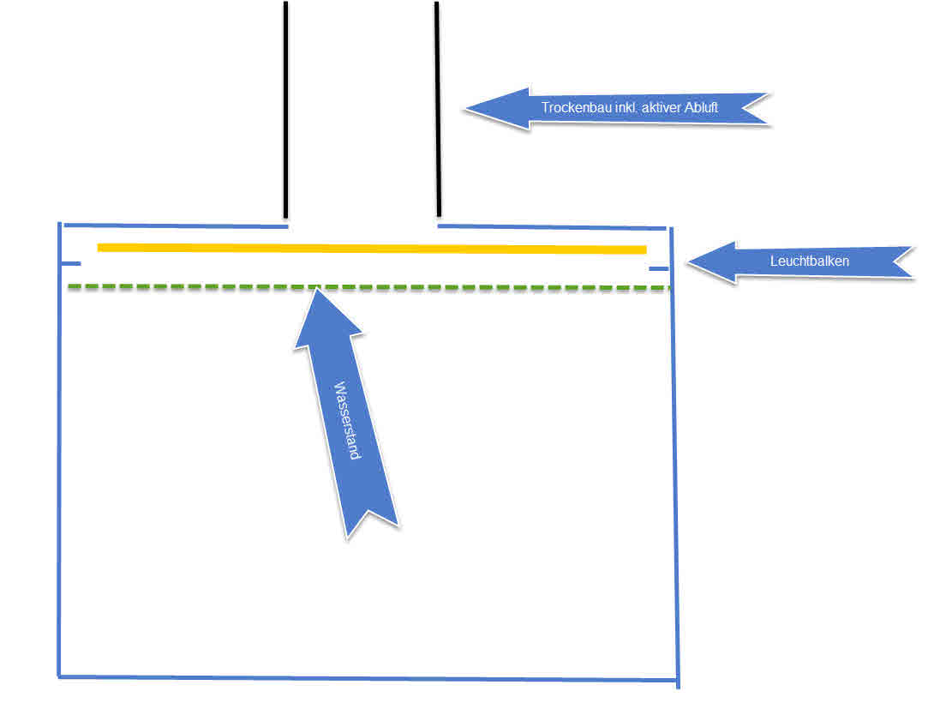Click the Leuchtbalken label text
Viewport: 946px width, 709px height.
pos(809,261)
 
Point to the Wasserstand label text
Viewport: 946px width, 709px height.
pos(347,420)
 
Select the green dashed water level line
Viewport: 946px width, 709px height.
pos(471,287)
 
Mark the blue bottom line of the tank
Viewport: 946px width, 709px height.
pos(368,678)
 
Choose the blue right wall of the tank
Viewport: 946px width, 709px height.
pos(674,454)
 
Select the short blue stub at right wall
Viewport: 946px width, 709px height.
pos(658,269)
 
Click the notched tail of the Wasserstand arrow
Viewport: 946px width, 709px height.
pos(370,519)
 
